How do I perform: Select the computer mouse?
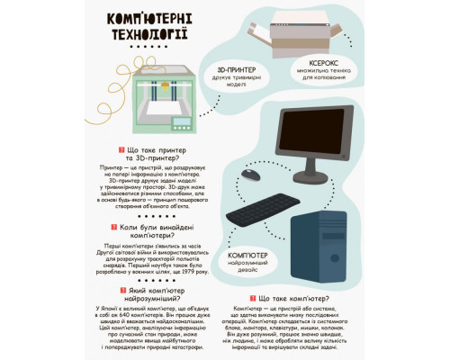click(249, 174)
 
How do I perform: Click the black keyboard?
click(262, 208)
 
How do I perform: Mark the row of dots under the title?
click(149, 46)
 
